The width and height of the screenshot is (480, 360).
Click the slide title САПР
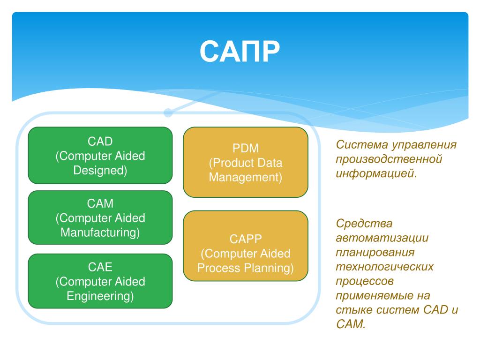pos(240,52)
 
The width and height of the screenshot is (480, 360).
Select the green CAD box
pos(100,155)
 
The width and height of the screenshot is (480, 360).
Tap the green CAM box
pos(100,217)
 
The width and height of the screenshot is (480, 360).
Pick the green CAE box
pos(100,281)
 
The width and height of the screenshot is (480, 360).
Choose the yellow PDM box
pos(246,162)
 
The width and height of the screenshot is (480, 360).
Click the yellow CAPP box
pos(246,246)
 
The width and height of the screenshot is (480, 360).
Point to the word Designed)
pos(100,170)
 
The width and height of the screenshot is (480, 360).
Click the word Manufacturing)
pos(100,232)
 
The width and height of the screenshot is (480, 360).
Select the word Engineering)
pos(100,296)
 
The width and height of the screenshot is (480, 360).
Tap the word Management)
pos(246,178)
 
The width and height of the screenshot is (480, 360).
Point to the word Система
pos(362,144)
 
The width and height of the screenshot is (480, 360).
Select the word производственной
pos(389,159)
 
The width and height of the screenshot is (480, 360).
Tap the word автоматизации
pos(382,238)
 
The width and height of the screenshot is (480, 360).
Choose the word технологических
pos(385,267)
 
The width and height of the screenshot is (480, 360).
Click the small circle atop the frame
pos(168,112)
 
